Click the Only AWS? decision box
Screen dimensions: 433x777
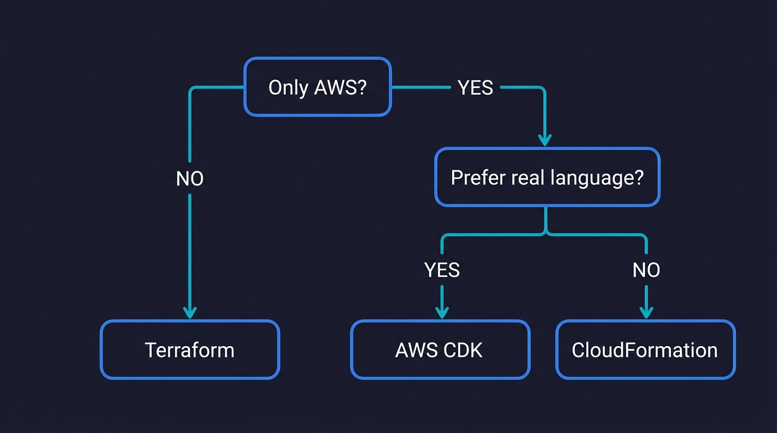pyautogui.click(x=317, y=87)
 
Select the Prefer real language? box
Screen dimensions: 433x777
pyautogui.click(x=547, y=178)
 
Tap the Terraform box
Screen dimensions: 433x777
pyautogui.click(x=190, y=350)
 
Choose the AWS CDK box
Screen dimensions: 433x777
pyautogui.click(x=439, y=350)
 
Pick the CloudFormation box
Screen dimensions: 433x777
pyautogui.click(x=645, y=350)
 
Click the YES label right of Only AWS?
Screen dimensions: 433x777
pyautogui.click(x=475, y=88)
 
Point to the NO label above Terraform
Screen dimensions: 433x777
pyautogui.click(x=190, y=179)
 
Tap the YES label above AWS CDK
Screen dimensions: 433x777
pyautogui.click(x=442, y=270)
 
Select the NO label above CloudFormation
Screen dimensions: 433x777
pyautogui.click(x=646, y=270)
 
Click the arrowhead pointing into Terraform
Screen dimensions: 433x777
pyautogui.click(x=190, y=312)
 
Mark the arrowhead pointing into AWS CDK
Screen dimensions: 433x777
pyautogui.click(x=442, y=312)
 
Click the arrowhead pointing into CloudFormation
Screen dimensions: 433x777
pyautogui.click(x=646, y=312)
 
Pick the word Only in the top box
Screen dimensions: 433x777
pyautogui.click(x=288, y=88)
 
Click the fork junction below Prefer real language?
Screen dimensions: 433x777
pyautogui.click(x=546, y=232)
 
